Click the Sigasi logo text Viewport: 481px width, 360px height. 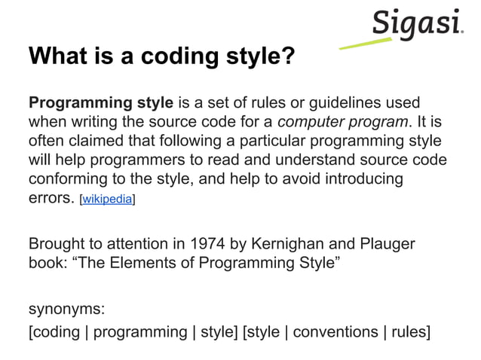point(416,25)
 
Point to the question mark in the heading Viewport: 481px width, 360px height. point(286,56)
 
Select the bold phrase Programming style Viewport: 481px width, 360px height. point(101,102)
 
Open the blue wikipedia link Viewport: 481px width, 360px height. point(108,200)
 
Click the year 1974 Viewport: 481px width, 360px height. point(207,245)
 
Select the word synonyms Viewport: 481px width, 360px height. point(66,310)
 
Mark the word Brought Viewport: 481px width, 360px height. point(56,245)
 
